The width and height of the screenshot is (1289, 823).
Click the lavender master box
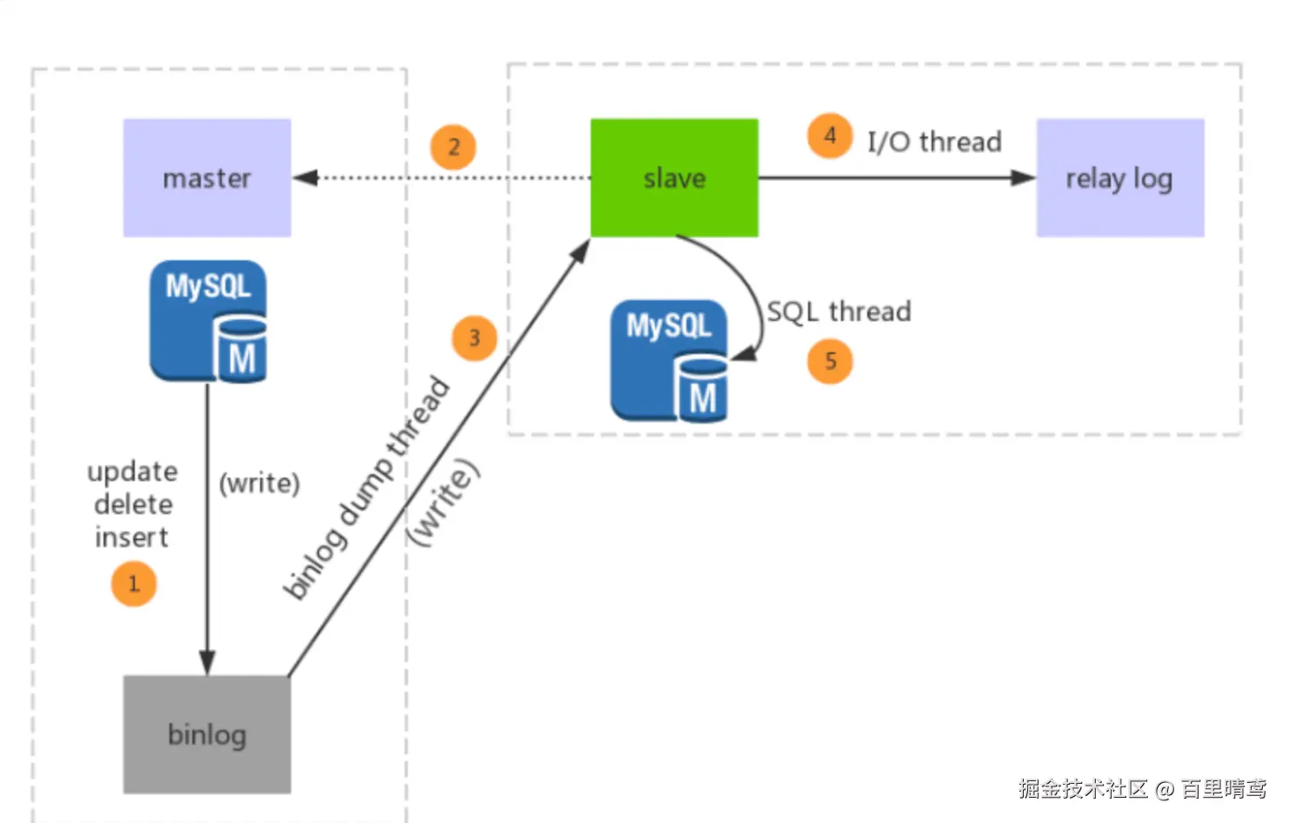[x=207, y=177]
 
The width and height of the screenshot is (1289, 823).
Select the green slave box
[x=674, y=177]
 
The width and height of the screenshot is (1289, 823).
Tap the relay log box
[x=1119, y=177]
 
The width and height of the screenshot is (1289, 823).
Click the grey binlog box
[x=207, y=734]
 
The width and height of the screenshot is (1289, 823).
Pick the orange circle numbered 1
[x=134, y=584]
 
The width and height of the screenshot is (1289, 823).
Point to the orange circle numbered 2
[x=453, y=147]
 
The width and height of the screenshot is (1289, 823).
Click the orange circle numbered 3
[x=474, y=338]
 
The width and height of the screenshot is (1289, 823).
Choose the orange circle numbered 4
[x=830, y=136]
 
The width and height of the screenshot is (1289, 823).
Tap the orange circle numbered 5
[x=830, y=361]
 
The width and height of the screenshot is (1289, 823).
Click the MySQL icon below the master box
[x=209, y=321]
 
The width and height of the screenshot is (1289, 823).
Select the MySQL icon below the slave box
[x=670, y=361]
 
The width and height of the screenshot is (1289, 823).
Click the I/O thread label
[x=934, y=142]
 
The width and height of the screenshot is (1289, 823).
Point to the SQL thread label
[x=838, y=311]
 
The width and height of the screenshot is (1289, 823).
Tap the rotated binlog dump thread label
[x=367, y=488]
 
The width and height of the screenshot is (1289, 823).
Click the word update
[x=132, y=472]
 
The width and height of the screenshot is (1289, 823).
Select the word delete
[x=133, y=505]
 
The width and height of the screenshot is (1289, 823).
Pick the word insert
[x=131, y=538]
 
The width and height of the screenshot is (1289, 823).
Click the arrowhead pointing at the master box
[x=304, y=177]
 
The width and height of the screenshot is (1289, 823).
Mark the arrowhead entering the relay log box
[x=1024, y=177]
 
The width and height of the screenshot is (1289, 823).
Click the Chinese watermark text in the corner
[x=1142, y=788]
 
